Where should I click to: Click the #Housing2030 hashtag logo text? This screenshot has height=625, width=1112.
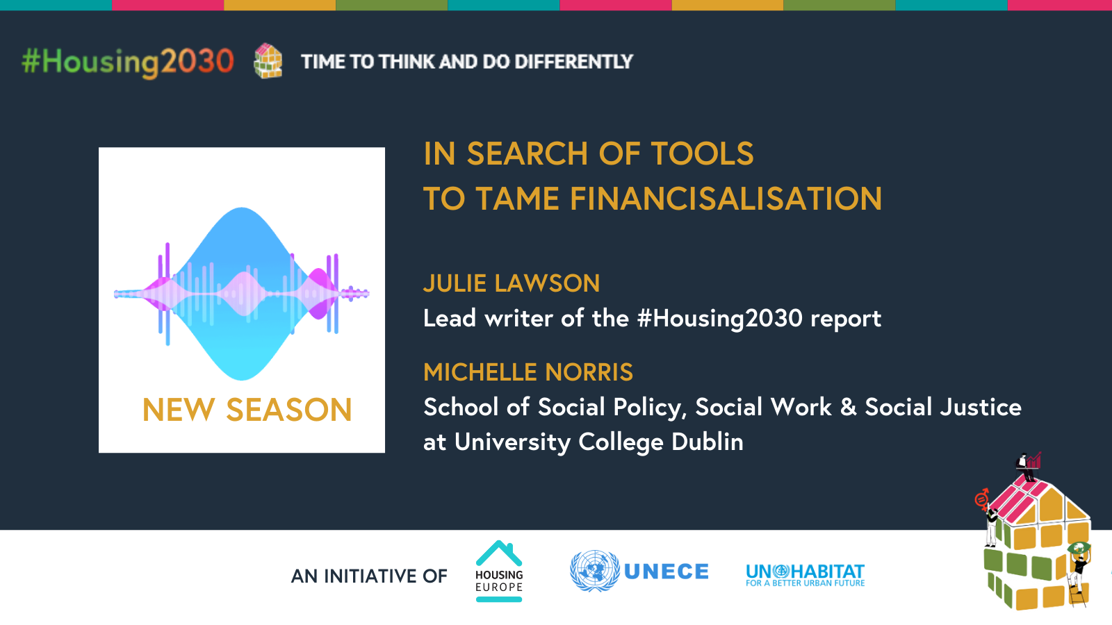(128, 62)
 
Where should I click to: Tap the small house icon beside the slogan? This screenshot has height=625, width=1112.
(268, 61)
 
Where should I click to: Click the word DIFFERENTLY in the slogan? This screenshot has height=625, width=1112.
(573, 62)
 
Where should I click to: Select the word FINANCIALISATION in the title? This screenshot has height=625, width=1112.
(726, 199)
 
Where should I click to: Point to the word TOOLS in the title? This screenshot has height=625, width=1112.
(702, 153)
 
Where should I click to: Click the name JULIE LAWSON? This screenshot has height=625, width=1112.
(512, 283)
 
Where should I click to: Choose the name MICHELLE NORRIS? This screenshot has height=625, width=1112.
(528, 372)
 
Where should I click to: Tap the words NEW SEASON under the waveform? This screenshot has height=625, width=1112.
(247, 410)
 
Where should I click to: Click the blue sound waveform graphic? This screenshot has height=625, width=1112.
(242, 294)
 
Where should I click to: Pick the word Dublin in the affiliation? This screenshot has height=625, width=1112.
(708, 442)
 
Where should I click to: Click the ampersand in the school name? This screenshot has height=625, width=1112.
(848, 407)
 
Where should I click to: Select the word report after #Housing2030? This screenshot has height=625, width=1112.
(846, 319)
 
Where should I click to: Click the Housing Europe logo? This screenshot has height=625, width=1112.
(499, 571)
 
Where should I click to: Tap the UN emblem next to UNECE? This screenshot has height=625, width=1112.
(595, 571)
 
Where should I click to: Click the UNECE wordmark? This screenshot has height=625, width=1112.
(667, 572)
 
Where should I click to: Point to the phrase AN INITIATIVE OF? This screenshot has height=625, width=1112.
(369, 576)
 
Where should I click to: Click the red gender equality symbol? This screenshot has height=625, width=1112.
(981, 499)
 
